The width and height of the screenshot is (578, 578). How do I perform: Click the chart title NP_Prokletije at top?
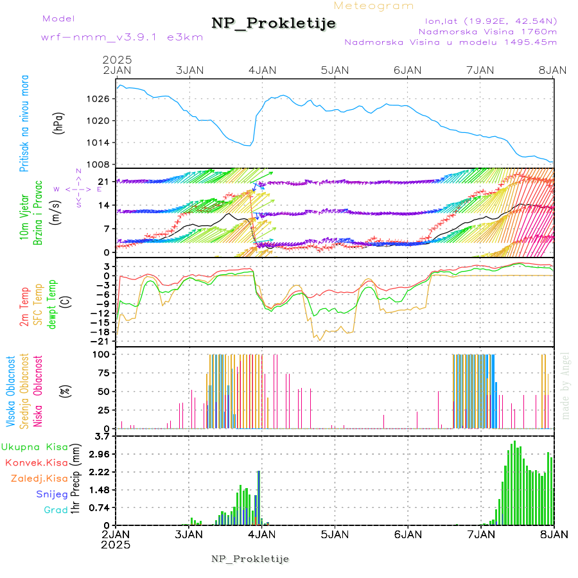click(x=274, y=24)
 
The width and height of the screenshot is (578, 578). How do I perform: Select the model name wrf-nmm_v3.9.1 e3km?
click(x=121, y=37)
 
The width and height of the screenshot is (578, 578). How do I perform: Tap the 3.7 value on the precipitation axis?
click(x=103, y=437)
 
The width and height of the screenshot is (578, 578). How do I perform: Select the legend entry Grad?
click(x=55, y=511)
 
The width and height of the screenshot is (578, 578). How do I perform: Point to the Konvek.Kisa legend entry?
click(x=36, y=462)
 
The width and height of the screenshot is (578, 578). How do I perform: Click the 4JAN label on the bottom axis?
click(x=261, y=534)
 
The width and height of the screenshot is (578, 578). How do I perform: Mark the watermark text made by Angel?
click(x=566, y=385)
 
